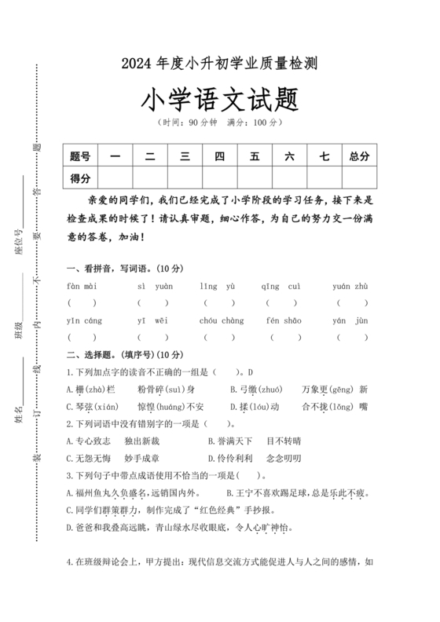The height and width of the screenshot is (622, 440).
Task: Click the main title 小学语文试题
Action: point(219,100)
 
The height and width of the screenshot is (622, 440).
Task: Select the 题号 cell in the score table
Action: point(81,155)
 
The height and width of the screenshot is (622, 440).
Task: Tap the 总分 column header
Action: point(359,155)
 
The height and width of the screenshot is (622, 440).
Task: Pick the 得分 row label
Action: point(81,178)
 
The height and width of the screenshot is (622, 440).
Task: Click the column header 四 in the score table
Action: point(219,155)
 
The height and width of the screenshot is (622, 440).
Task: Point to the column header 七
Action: point(324,155)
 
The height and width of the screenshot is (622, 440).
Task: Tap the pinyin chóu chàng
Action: point(222,320)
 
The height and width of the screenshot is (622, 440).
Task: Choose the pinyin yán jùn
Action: point(350,320)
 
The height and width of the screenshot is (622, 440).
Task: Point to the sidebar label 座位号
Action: point(18,243)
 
